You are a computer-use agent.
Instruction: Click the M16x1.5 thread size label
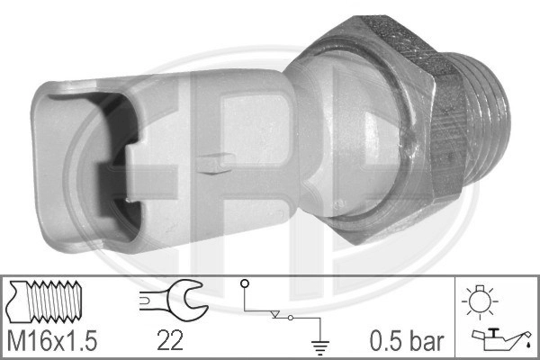click(x=51, y=341)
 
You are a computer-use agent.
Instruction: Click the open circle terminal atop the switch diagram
click(x=243, y=286)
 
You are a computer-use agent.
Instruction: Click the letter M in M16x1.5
click(x=16, y=341)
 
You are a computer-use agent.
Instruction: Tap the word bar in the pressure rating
click(x=427, y=341)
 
